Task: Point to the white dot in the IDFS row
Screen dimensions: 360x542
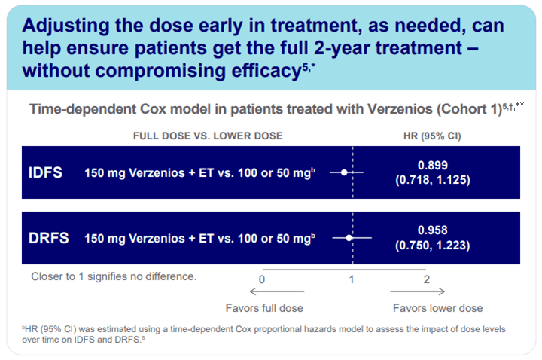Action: click(344, 172)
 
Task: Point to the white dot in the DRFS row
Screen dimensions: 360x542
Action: click(349, 238)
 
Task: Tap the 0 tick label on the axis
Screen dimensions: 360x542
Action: click(262, 279)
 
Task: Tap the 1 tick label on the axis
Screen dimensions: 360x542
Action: click(352, 279)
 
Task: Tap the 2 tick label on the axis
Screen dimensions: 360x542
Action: click(426, 279)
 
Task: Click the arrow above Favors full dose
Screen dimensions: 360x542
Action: click(282, 291)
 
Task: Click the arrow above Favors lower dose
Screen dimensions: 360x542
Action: click(418, 291)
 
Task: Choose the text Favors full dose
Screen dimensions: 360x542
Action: click(263, 308)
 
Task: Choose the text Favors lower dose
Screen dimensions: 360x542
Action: click(438, 308)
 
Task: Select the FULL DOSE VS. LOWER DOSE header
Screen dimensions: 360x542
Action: click(208, 136)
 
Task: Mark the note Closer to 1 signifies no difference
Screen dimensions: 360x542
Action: click(114, 276)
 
